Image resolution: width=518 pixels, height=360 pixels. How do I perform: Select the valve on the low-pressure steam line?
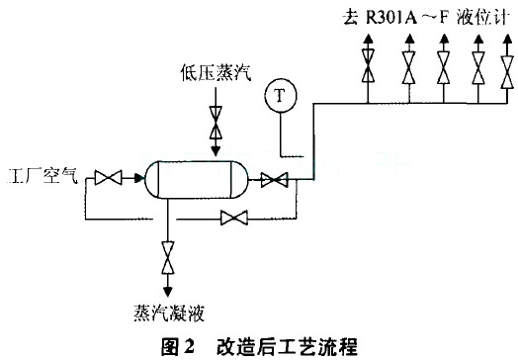215,126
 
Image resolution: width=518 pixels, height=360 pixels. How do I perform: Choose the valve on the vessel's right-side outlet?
272,179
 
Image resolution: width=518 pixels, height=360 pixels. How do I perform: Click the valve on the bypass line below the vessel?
234,217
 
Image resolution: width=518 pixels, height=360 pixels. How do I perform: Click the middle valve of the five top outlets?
444,72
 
